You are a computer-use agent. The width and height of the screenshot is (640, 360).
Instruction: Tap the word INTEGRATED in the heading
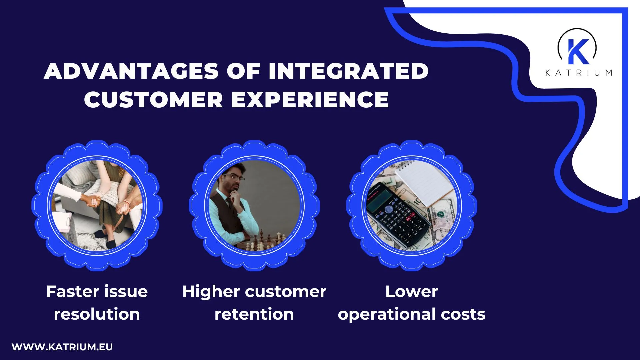tap(348, 71)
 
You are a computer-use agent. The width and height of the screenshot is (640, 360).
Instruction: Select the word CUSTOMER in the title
tap(153, 100)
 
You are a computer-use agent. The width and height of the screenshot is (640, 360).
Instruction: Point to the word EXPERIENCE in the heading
tap(310, 100)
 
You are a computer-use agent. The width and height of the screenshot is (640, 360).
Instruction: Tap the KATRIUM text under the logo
tap(579, 73)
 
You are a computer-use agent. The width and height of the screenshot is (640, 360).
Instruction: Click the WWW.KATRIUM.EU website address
tap(62, 347)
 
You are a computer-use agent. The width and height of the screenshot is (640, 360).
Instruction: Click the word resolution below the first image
tap(97, 314)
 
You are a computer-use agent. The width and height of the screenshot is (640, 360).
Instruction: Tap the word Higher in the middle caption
tap(211, 292)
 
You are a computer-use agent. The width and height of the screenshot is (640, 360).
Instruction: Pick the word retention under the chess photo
tap(254, 314)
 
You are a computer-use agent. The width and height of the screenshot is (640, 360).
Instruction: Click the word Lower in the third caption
tap(411, 292)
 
